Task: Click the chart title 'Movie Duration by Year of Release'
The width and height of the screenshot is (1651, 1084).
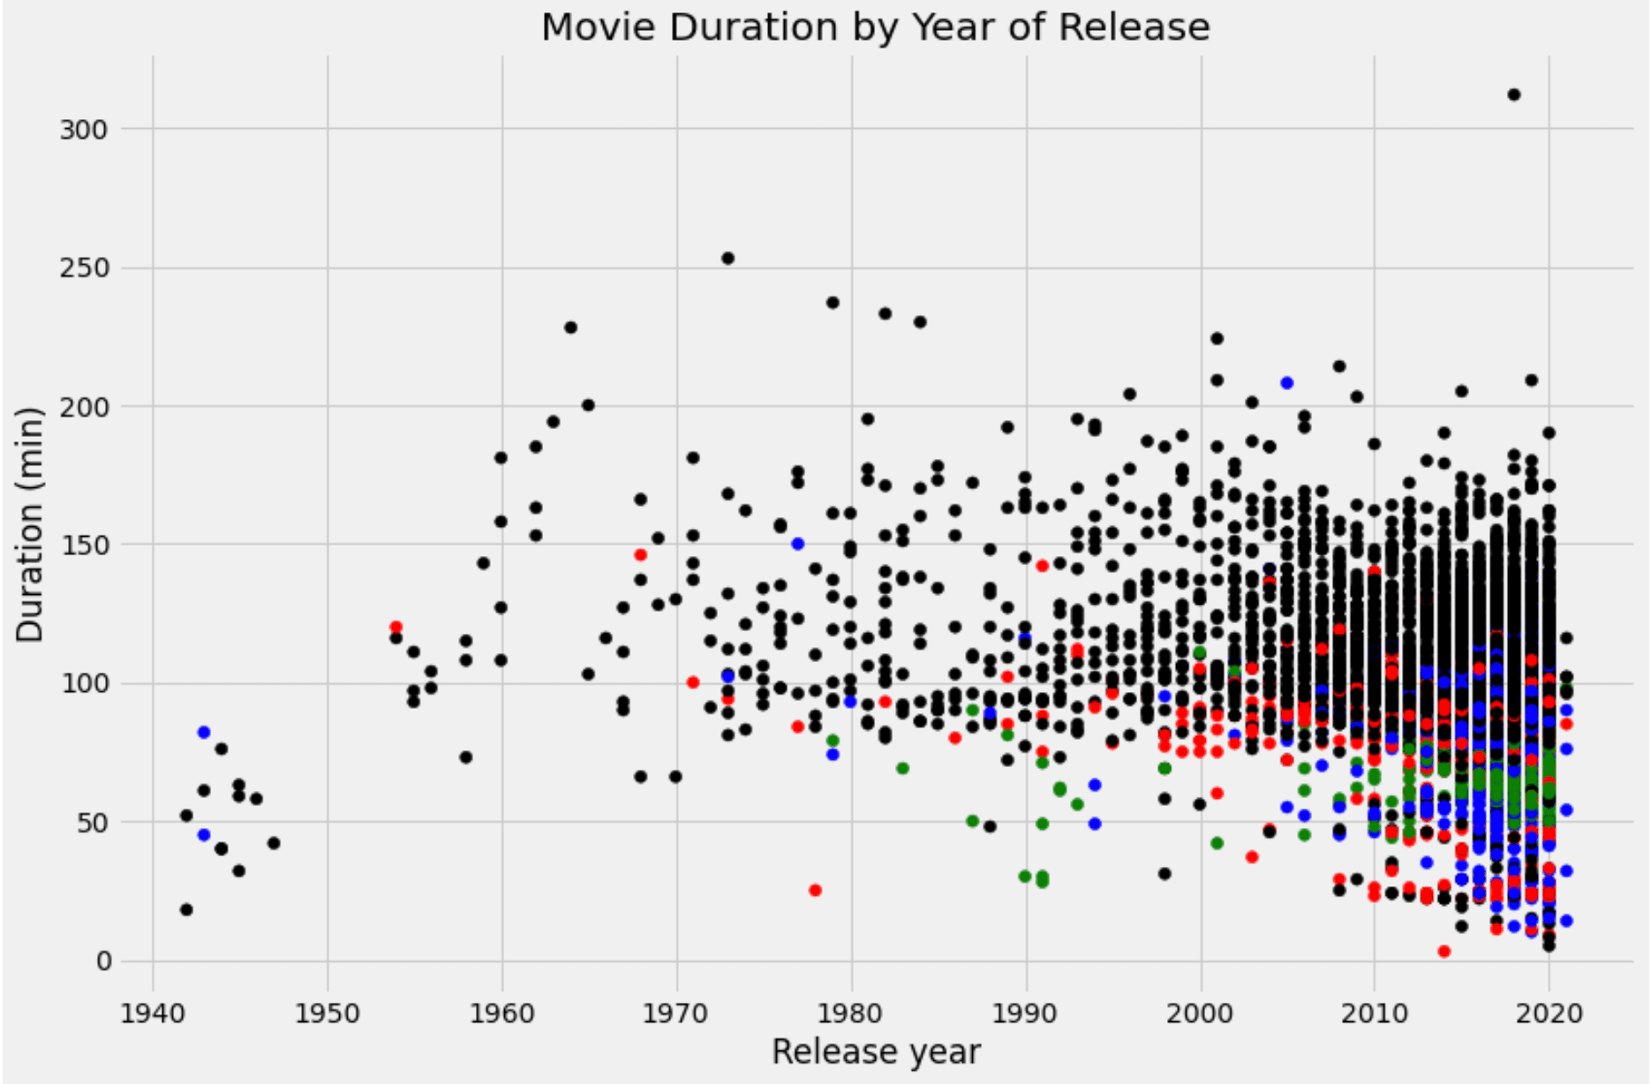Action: coord(875,26)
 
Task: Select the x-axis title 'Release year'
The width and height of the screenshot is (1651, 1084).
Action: coord(875,1052)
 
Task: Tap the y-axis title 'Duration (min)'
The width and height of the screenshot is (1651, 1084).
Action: coord(30,524)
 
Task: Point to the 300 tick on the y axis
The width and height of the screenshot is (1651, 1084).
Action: coord(83,130)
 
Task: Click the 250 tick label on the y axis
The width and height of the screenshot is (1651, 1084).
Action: coord(83,268)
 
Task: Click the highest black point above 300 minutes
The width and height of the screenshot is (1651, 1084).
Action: coord(1514,94)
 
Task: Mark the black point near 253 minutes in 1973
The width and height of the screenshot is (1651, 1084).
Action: coord(727,259)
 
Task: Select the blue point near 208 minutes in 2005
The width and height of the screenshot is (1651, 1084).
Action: coord(1287,383)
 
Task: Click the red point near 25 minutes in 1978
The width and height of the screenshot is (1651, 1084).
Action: coord(815,890)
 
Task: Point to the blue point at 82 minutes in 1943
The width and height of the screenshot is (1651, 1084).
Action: coord(204,733)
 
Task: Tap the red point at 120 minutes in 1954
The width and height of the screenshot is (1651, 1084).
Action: coord(396,628)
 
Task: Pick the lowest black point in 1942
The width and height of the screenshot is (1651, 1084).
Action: coord(186,910)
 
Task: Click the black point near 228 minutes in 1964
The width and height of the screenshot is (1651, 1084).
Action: coord(570,327)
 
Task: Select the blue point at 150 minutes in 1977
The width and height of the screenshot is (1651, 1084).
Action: coord(798,544)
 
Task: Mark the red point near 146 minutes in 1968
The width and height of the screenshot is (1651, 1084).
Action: coord(641,555)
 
